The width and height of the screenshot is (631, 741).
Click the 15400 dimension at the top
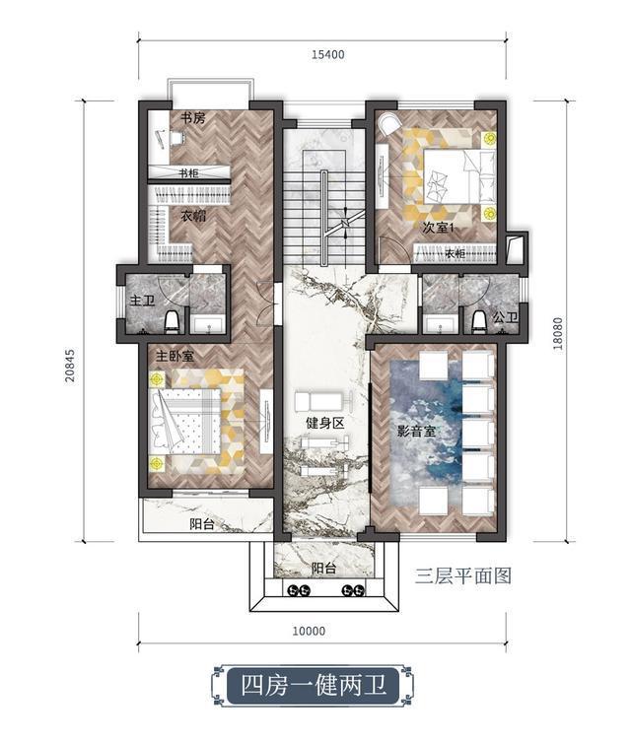[327, 54]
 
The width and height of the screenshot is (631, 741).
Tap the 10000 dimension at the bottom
[309, 631]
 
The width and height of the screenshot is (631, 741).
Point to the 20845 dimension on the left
[70, 366]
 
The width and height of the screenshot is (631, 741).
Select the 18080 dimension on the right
[558, 333]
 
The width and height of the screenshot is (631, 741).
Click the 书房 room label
[193, 117]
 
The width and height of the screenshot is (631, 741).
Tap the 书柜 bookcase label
[188, 173]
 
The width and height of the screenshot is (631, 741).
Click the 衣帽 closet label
[193, 217]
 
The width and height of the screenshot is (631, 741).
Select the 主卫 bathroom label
[142, 301]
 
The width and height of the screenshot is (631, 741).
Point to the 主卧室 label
[175, 356]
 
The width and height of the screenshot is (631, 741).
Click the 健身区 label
[325, 423]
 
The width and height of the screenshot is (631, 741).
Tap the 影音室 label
[416, 431]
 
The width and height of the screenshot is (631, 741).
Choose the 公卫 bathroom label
[505, 317]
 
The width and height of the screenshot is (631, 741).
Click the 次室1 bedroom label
[438, 228]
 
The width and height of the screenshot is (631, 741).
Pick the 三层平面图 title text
[463, 575]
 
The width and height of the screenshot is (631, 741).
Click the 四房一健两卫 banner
[313, 685]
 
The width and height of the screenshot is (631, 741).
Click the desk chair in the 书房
[177, 138]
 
